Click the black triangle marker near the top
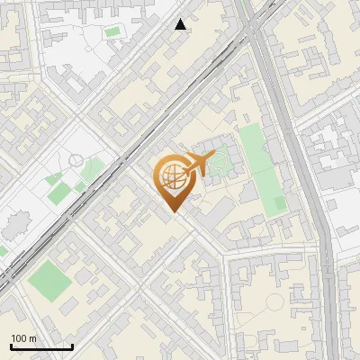[x=181, y=24]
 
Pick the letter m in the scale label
[x=33, y=338]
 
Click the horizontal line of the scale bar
[x=41, y=347]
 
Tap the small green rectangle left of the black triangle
[x=112, y=32]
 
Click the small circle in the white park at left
[x=76, y=160]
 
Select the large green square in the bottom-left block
[x=49, y=282]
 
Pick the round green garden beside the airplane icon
[x=218, y=162]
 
